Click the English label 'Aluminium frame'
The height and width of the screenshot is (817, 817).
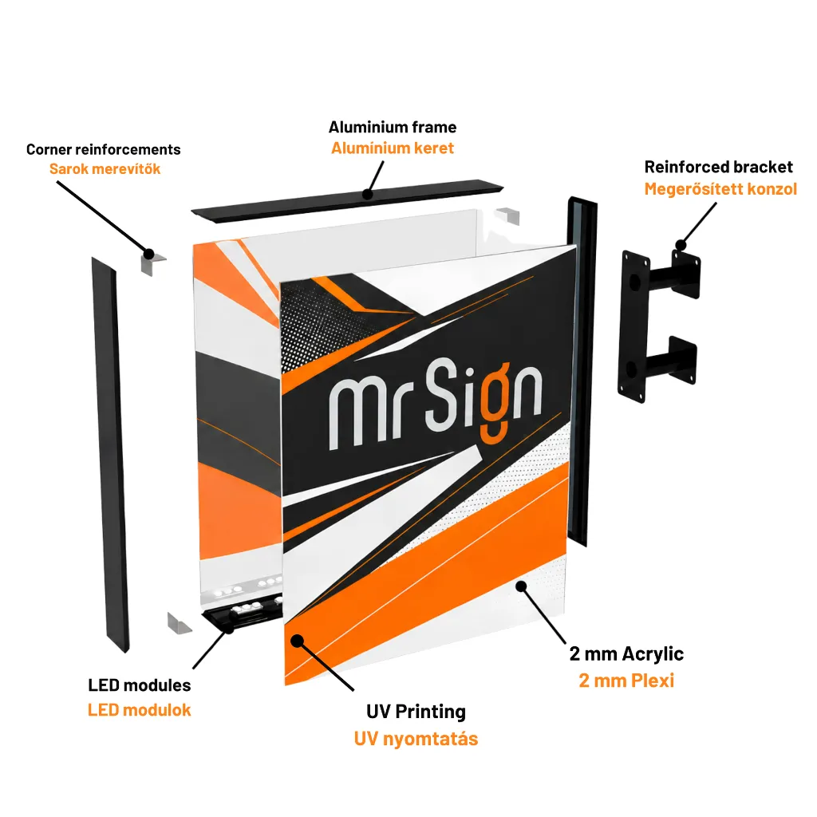(393, 127)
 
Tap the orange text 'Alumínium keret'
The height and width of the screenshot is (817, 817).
(393, 148)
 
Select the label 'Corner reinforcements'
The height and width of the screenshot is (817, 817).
(103, 149)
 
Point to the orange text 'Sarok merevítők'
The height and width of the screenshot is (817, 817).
(105, 169)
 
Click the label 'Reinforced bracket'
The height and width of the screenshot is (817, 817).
(719, 167)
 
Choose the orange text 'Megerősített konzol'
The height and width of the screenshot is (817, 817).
(720, 188)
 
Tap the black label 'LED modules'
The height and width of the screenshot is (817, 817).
(140, 685)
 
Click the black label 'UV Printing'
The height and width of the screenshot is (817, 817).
(416, 712)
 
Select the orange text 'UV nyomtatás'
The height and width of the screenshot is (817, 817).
(416, 739)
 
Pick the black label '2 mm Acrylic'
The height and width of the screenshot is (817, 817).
(626, 654)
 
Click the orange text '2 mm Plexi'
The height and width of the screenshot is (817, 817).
(626, 681)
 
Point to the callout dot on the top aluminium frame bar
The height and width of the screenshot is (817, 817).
(368, 195)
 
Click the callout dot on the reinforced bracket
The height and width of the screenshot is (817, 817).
(681, 245)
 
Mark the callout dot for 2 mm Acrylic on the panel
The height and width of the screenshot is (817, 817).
(521, 586)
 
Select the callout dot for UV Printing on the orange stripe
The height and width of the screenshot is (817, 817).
(298, 641)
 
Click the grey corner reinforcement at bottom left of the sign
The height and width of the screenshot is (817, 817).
(179, 623)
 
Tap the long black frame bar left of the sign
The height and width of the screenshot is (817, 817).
(110, 454)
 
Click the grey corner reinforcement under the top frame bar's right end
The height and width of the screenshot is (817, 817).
(508, 216)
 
